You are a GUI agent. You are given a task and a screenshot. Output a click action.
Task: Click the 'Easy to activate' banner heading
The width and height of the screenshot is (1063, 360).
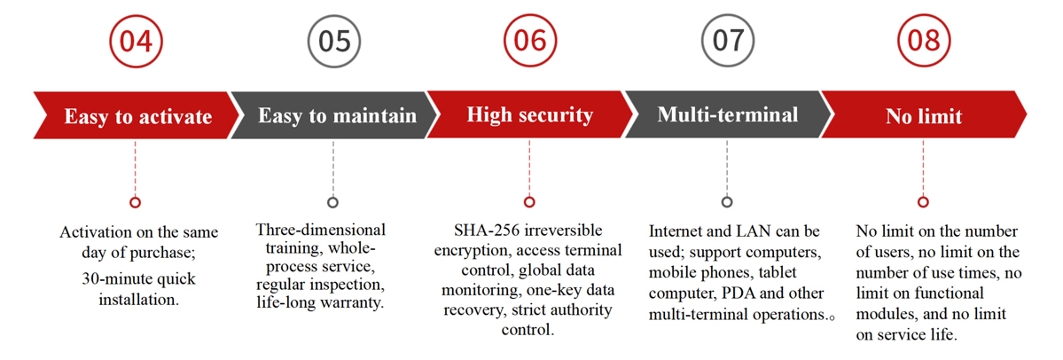[x=137, y=117]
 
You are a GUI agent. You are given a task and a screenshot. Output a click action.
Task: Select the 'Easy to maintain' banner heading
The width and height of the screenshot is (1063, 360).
[x=337, y=115]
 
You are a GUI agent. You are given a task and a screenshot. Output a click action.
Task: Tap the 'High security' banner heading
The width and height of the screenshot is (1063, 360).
[x=529, y=114]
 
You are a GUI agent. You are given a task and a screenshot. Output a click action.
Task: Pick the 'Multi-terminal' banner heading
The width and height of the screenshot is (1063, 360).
[x=727, y=114]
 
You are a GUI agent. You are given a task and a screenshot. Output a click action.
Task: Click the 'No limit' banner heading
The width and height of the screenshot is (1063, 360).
[x=923, y=117]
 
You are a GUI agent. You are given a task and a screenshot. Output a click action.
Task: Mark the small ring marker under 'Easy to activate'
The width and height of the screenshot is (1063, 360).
[x=136, y=202]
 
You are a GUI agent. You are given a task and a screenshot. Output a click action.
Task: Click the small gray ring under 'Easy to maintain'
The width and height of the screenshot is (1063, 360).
[x=332, y=202]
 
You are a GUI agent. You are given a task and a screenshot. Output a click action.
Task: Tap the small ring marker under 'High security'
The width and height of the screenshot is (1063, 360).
[x=529, y=202]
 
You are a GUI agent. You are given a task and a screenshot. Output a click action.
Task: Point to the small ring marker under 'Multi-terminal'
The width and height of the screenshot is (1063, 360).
[x=727, y=202]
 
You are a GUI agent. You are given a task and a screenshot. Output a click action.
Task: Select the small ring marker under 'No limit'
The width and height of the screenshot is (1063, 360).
[x=923, y=202]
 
